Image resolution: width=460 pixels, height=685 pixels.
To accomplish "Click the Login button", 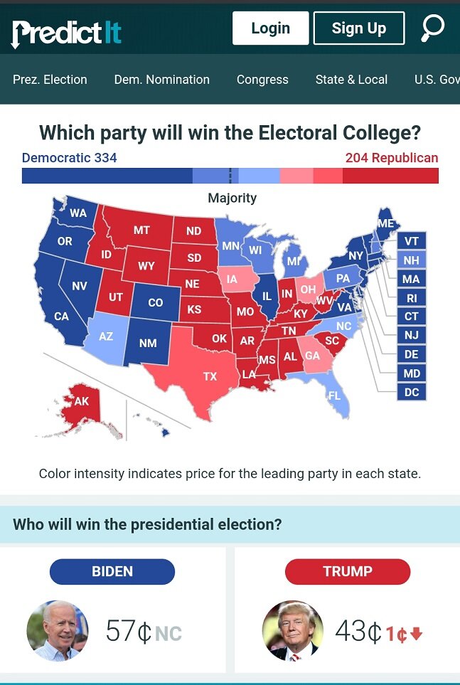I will click(x=270, y=28).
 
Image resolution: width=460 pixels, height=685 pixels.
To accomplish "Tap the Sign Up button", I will click(x=358, y=28).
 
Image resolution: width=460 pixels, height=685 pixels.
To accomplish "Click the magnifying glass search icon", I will click(x=432, y=28).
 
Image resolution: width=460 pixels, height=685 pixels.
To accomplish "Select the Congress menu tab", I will click(x=262, y=80).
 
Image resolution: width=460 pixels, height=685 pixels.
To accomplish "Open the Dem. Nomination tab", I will click(x=162, y=80).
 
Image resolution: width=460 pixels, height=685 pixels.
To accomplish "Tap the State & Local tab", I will click(x=351, y=80).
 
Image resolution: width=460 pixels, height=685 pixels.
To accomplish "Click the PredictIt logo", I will click(x=66, y=33).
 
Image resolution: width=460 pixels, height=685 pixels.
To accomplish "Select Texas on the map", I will click(x=210, y=376).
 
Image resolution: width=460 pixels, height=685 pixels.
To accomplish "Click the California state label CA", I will click(x=62, y=316).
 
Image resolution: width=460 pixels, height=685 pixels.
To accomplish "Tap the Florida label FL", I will click(x=334, y=395).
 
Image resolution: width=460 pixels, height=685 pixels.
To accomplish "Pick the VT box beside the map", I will click(x=411, y=241).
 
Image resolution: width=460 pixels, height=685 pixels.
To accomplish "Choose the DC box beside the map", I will click(x=411, y=392).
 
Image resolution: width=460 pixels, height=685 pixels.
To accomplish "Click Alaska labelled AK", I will click(x=82, y=401).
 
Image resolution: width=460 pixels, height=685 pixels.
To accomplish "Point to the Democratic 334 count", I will click(x=69, y=158).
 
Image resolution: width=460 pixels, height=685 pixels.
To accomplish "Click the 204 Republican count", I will click(x=392, y=158).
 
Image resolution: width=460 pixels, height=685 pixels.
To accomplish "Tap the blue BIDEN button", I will click(x=112, y=571).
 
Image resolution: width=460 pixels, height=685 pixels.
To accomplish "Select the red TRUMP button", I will click(x=348, y=571).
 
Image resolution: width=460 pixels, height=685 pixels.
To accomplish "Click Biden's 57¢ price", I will click(x=128, y=632).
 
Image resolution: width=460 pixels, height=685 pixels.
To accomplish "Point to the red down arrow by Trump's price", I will click(x=417, y=633).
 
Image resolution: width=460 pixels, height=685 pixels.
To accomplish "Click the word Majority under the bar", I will click(x=232, y=198).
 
